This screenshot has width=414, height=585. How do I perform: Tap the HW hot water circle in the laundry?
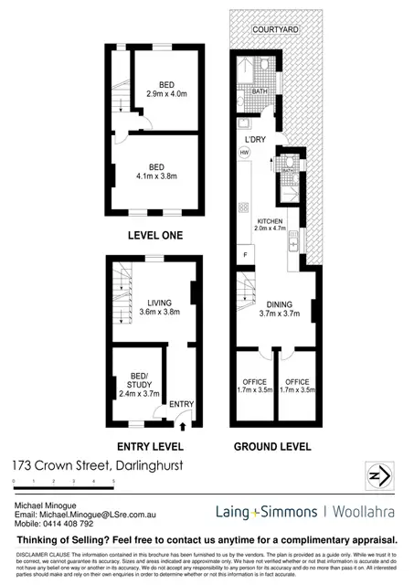click(245, 152)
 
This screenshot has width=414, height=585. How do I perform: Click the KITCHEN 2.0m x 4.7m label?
click(271, 227)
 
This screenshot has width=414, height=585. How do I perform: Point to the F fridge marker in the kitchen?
click(245, 253)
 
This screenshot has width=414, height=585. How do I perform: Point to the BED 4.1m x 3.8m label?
click(157, 172)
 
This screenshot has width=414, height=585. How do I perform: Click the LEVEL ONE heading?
click(154, 235)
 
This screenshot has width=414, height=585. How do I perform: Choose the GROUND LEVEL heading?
click(273, 447)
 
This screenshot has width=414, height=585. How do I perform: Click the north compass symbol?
click(378, 477)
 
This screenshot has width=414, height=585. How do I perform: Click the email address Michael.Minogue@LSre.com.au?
click(88, 516)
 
